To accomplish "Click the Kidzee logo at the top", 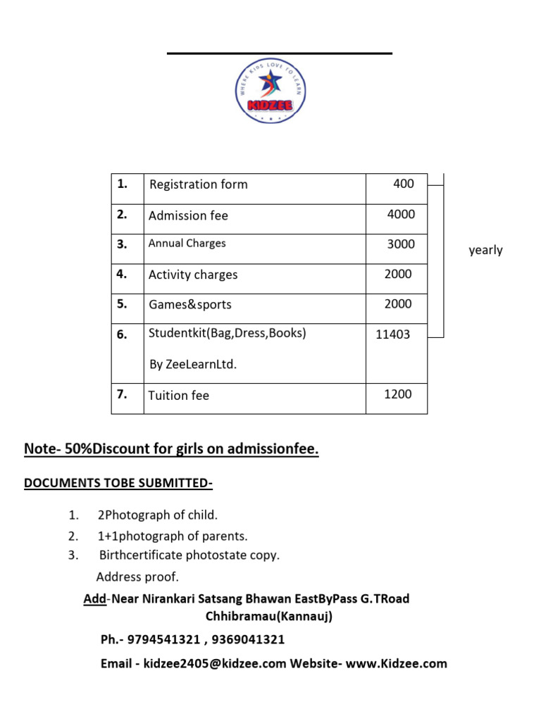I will tap(270, 90).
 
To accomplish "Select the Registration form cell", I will tap(198, 184).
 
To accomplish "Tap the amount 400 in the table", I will tap(404, 184).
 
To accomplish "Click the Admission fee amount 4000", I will tap(401, 214).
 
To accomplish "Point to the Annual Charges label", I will tap(187, 244).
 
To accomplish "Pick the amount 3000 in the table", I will tap(401, 244).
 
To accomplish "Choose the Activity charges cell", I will tap(193, 275).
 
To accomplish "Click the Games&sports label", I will tap(190, 305).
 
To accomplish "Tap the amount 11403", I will tap(392, 334).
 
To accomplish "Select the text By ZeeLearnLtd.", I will tap(194, 365).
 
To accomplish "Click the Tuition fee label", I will tap(179, 396).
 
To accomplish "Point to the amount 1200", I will tap(397, 394).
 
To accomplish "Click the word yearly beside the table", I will tap(486, 250).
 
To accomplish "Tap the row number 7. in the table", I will tap(122, 394).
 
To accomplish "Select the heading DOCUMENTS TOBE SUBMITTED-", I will tap(118, 483).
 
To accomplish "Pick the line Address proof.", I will tap(137, 577).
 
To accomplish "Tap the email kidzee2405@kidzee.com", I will tap(215, 663).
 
